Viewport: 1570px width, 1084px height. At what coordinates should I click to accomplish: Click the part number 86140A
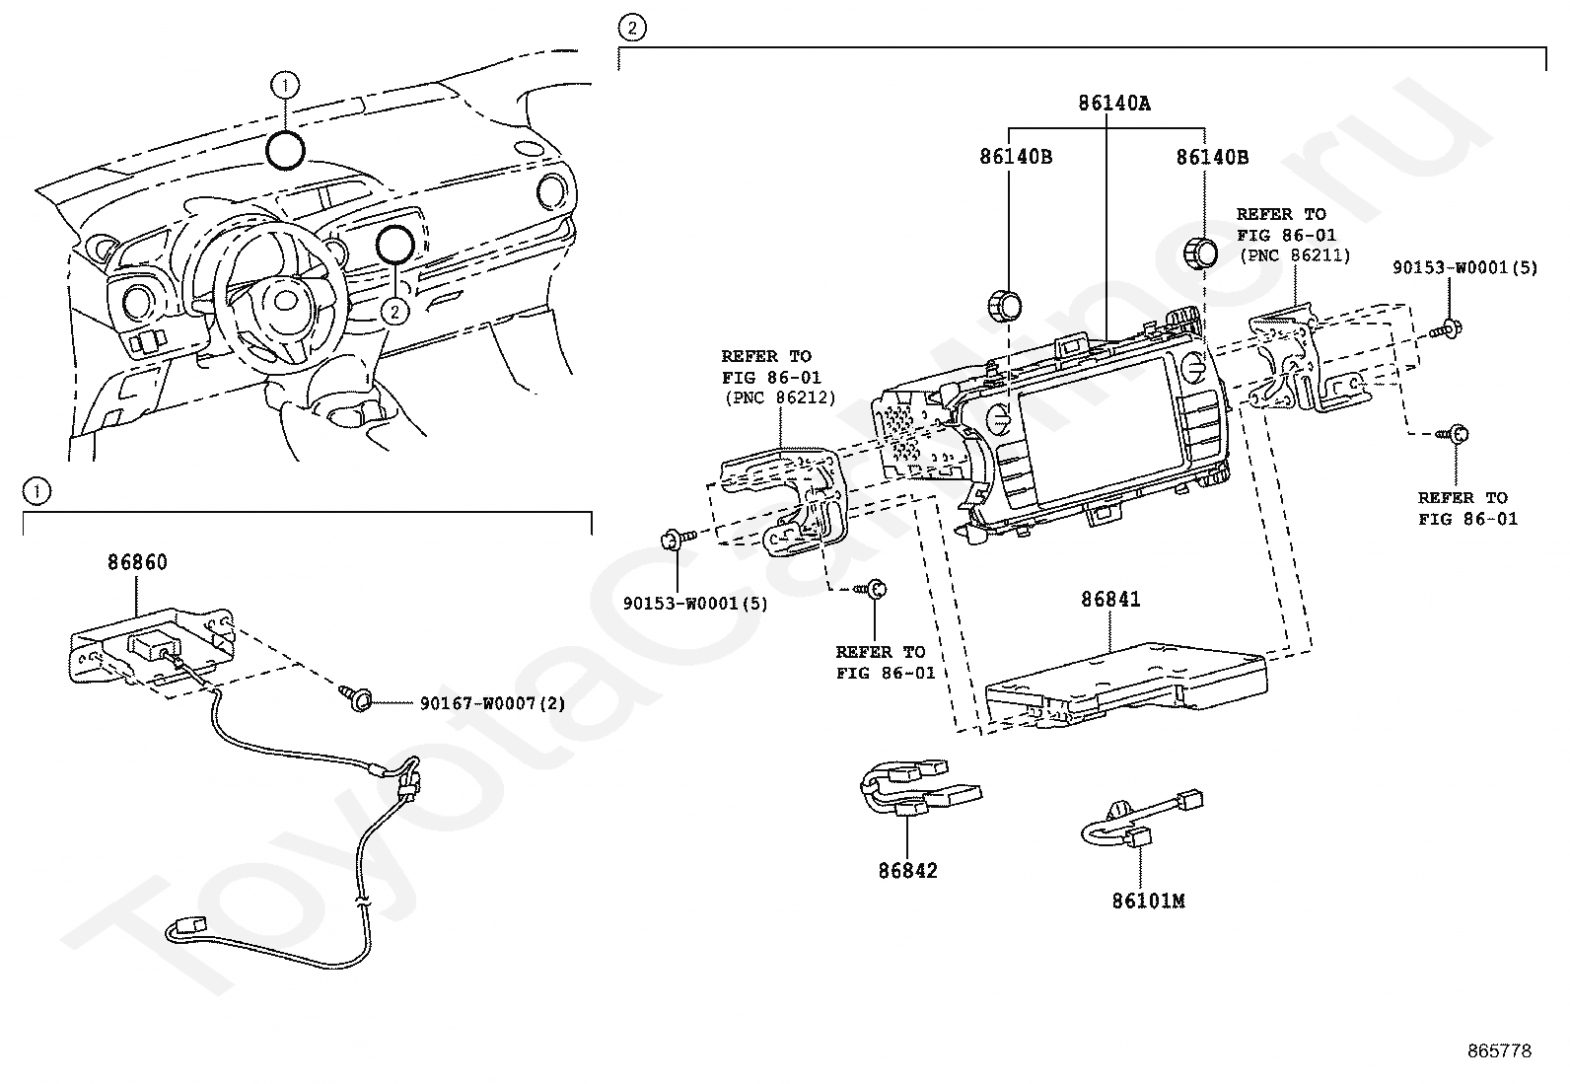[x=1113, y=103]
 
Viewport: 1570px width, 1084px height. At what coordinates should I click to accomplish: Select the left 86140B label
[x=1016, y=157]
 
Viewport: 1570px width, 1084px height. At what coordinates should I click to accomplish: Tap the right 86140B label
[x=1212, y=157]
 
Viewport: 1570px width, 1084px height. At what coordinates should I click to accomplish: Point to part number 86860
[x=137, y=561]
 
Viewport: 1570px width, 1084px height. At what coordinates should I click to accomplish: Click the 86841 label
[x=1110, y=599]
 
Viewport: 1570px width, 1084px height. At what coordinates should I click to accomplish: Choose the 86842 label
[x=907, y=870]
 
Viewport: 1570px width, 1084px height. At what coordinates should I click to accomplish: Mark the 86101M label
[x=1148, y=901]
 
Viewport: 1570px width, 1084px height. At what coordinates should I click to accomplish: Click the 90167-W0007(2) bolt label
[x=492, y=702]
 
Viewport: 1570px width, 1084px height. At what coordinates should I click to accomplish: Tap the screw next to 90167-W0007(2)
[x=355, y=698]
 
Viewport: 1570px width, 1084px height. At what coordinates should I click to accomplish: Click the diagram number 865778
[x=1500, y=1050]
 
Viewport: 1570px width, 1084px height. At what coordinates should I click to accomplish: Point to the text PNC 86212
[x=780, y=397]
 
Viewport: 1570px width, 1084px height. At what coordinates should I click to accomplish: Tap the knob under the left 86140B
[x=1004, y=306]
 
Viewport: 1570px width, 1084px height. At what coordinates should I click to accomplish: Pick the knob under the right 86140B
[x=1200, y=253]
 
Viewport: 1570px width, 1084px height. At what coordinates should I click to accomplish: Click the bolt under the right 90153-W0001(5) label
[x=1448, y=328]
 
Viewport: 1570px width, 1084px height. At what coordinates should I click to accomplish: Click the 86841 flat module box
[x=1125, y=685]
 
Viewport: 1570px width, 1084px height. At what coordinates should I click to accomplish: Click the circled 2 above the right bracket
[x=632, y=28]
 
